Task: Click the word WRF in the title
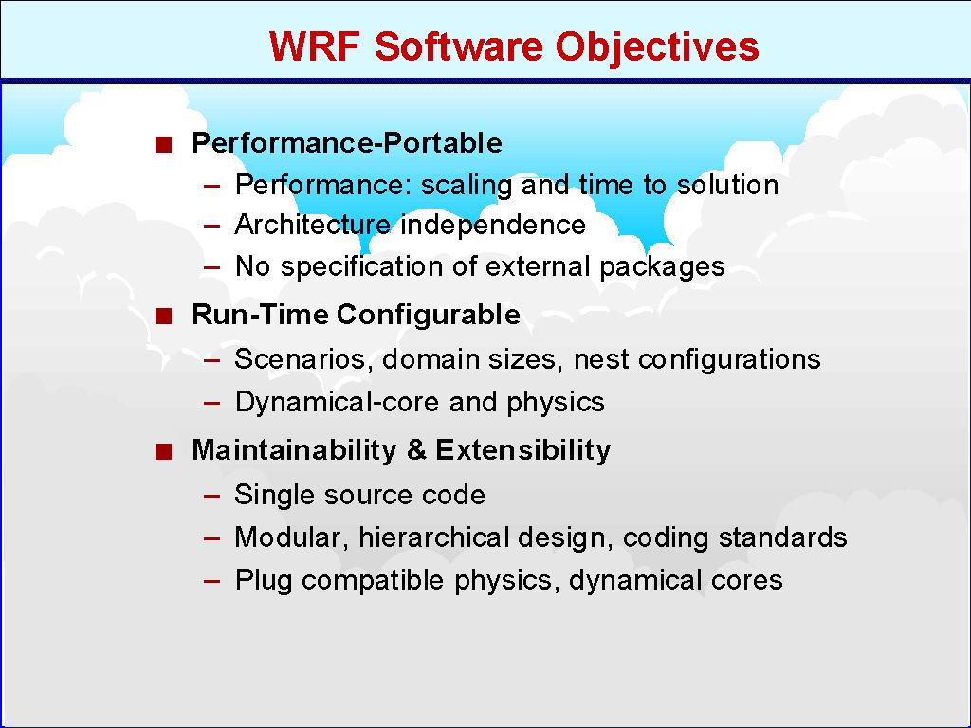315,45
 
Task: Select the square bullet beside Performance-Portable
163,145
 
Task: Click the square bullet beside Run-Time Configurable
163,317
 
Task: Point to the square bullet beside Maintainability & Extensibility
163,452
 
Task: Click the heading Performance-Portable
347,142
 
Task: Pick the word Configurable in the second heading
428,316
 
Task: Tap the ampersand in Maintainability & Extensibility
417,449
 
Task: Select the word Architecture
313,224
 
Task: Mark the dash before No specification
211,268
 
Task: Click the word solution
727,185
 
